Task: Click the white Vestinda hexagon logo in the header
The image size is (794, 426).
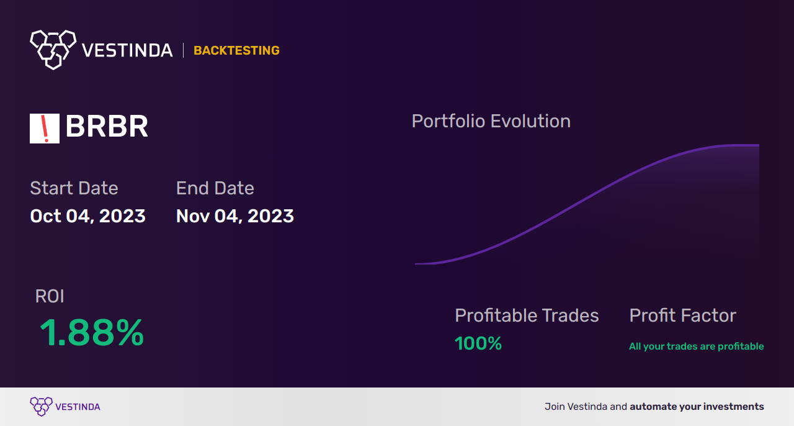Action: [x=53, y=48]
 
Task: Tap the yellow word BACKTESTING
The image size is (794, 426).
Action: [x=236, y=50]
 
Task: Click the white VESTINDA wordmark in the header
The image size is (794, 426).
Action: [x=127, y=50]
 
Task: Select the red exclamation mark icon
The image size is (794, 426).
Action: [x=45, y=129]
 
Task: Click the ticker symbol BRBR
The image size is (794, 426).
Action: [x=107, y=127]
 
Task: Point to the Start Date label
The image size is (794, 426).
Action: [x=74, y=188]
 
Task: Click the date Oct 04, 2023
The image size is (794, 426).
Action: [x=87, y=216]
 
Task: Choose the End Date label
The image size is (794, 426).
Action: [x=215, y=188]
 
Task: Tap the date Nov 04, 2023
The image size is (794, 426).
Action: [x=234, y=216]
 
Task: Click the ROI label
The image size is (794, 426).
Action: [x=50, y=296]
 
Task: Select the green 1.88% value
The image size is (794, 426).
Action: [x=92, y=333]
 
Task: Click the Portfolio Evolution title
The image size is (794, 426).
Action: [x=491, y=121]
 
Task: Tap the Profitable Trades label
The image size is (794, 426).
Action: [x=527, y=315]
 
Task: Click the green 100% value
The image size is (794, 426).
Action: [x=478, y=343]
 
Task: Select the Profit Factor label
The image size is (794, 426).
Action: [x=682, y=315]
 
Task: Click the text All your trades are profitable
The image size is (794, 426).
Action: [x=696, y=347]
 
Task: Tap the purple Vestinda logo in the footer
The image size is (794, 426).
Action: [x=41, y=407]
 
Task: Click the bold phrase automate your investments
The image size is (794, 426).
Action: [x=697, y=407]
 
